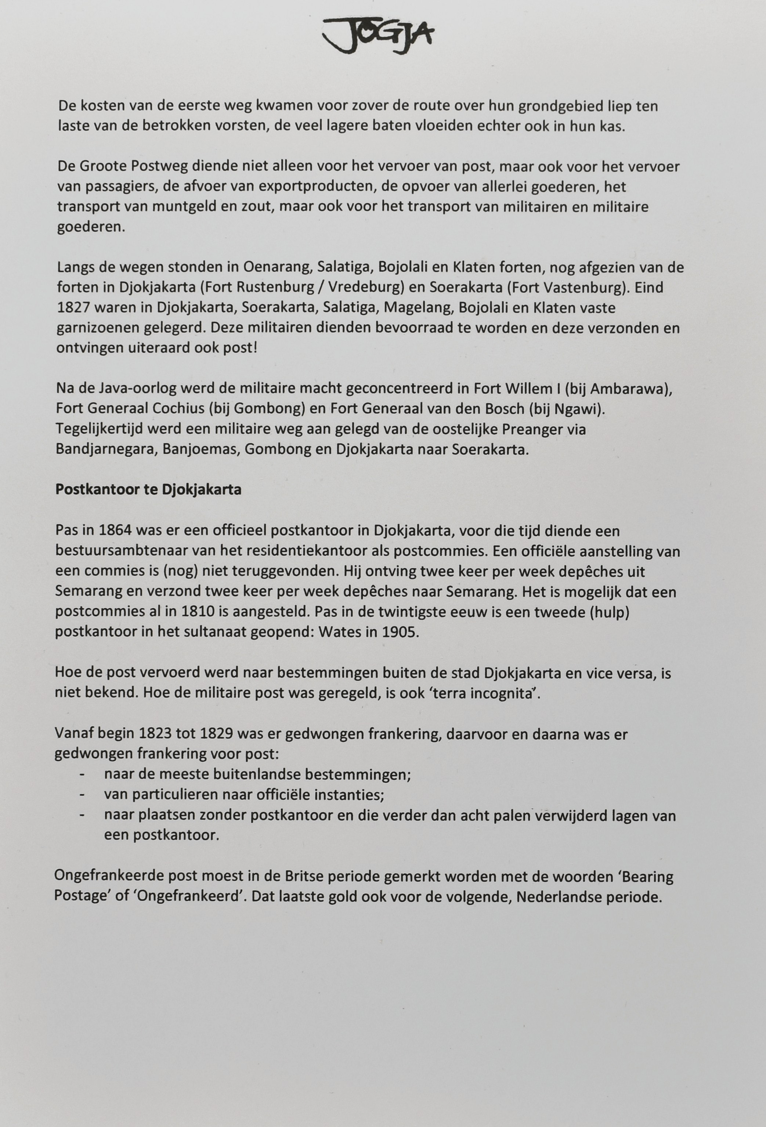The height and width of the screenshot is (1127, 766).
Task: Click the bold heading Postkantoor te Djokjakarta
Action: [x=148, y=490]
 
